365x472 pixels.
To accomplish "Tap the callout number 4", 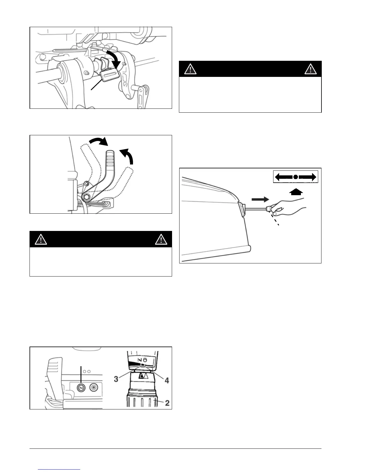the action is (x=167, y=381).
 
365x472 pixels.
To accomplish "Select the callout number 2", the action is (x=167, y=403).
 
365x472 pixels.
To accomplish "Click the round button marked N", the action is (x=81, y=388).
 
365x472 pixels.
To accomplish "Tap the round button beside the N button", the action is (x=94, y=388).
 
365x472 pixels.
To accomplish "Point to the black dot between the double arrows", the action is (x=295, y=177).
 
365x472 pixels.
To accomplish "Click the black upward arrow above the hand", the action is (x=296, y=192).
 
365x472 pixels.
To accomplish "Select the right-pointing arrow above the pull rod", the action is (x=260, y=199).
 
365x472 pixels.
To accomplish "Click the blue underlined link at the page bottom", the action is (x=59, y=470).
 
